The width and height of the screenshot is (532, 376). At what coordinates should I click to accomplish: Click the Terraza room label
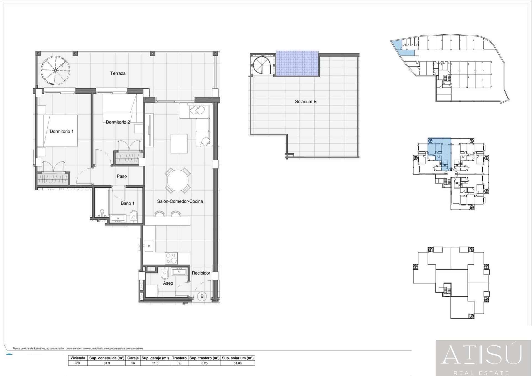118,73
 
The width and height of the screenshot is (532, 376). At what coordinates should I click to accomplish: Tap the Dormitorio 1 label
62,131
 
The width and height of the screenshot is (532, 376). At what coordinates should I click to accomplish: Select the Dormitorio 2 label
118,122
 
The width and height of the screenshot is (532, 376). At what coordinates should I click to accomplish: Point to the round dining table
178,181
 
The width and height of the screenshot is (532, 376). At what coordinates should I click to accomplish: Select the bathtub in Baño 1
102,203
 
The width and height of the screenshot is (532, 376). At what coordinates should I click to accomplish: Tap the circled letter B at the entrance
202,296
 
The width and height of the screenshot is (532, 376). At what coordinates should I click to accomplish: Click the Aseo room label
168,283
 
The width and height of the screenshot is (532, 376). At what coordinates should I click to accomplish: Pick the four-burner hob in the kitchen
172,258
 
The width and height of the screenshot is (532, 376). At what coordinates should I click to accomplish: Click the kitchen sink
149,246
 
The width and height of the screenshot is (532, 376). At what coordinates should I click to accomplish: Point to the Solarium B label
306,102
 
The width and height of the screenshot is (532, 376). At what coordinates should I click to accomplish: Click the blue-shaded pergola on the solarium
297,63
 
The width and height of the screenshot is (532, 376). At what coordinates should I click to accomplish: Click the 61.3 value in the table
107,363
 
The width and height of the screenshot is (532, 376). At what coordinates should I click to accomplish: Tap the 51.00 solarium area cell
238,363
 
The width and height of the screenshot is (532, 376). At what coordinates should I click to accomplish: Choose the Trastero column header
179,358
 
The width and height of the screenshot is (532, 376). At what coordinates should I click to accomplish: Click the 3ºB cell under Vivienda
78,363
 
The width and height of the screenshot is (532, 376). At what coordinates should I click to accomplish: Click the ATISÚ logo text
482,355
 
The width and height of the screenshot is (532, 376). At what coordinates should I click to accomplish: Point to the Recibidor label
201,273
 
